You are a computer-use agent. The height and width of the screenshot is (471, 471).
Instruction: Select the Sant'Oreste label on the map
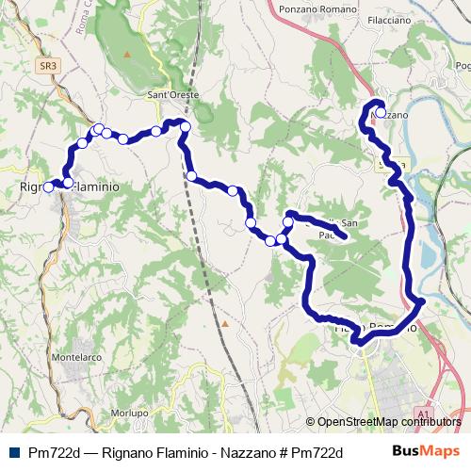pos(170,94)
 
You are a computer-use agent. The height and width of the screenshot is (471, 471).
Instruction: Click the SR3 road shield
pos(49,67)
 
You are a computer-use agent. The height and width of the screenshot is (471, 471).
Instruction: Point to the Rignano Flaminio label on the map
pos(70,187)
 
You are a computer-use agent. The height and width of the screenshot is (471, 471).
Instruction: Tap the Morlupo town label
pos(129,413)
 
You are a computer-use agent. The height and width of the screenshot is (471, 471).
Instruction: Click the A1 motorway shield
pos(421,413)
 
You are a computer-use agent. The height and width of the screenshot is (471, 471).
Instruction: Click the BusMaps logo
pos(426,451)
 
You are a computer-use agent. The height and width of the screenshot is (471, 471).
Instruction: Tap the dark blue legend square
pos(13,452)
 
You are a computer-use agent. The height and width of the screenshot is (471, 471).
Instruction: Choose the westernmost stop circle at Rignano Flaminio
pos(48,187)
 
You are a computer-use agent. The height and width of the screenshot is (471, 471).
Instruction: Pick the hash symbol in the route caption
pos(284,452)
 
